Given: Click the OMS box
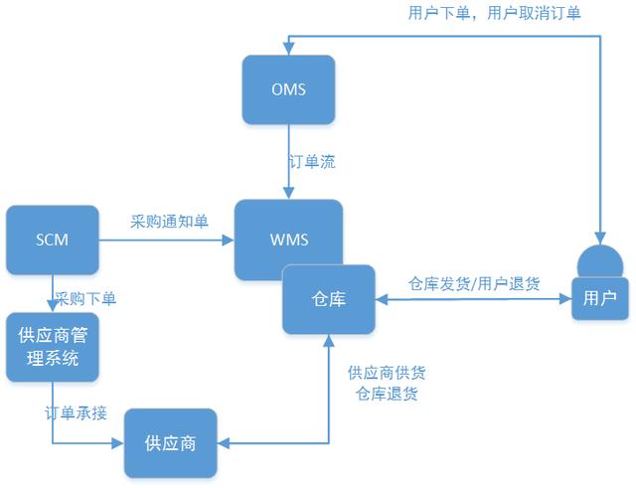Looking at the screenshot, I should point(288,89).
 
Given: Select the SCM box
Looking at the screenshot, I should point(53,240).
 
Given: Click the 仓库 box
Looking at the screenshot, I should point(328,299).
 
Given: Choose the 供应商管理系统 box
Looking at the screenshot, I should point(53,347).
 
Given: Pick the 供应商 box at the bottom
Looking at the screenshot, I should point(170,442).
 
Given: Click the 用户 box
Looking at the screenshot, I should point(599,298).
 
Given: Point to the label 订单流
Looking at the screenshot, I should point(311,162).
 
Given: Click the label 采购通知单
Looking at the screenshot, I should point(170,222).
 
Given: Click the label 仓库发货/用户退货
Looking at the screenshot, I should point(475,283).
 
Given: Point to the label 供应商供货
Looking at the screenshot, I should point(387,373).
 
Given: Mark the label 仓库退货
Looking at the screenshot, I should point(387,394).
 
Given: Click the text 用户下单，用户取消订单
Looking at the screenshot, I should point(480,13).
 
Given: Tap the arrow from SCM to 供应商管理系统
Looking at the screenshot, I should point(52,293).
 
